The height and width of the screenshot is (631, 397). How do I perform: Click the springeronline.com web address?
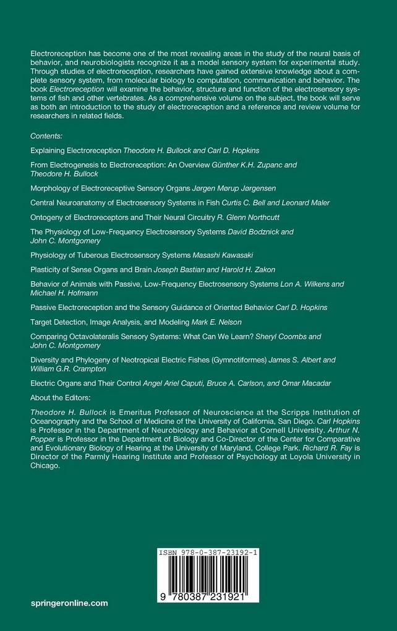(x=69, y=602)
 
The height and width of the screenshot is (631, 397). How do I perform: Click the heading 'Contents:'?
(x=50, y=135)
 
